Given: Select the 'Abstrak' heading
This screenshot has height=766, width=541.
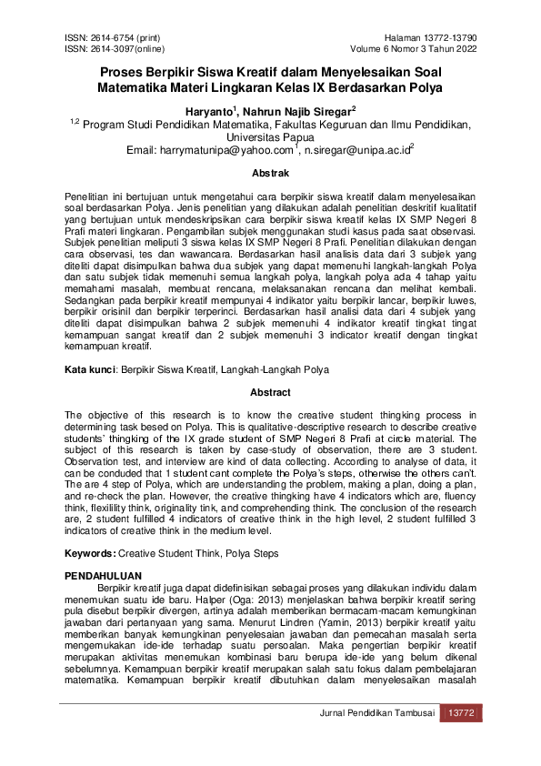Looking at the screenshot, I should (271, 173).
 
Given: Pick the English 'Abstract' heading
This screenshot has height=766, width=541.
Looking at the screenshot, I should (271, 393).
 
